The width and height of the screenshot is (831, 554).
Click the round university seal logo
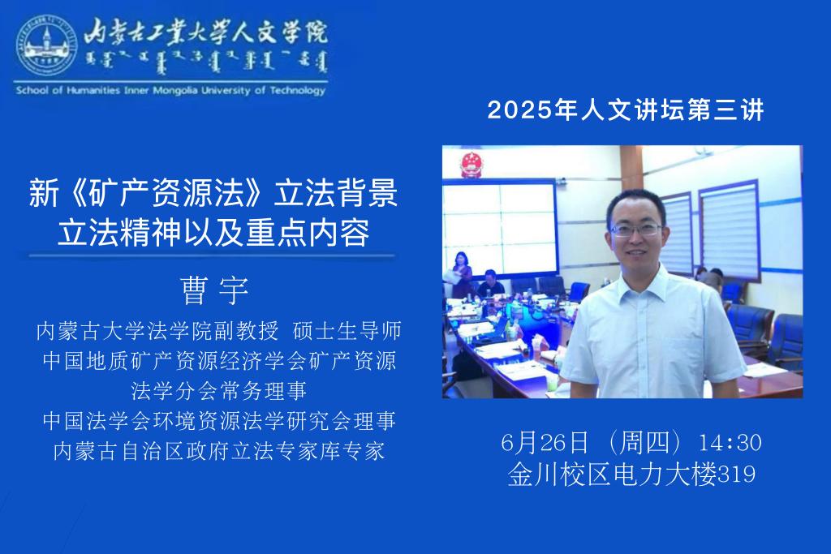(47, 45)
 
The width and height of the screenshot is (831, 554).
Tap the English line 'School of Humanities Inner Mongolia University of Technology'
(170, 91)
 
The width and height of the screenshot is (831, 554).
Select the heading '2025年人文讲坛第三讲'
(626, 110)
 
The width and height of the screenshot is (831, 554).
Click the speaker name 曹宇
(214, 290)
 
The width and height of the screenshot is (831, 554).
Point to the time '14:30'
(730, 443)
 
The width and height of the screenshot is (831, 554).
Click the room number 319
(736, 474)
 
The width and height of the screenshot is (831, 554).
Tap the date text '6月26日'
(545, 442)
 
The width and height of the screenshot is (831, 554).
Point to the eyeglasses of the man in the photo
(636, 230)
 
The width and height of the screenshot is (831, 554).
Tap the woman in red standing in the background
(461, 275)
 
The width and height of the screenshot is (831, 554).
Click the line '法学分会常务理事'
(219, 391)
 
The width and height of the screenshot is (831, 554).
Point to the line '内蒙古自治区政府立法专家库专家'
(219, 451)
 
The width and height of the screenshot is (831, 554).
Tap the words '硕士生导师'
(347, 331)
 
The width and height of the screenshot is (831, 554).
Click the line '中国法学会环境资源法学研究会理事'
(219, 421)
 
